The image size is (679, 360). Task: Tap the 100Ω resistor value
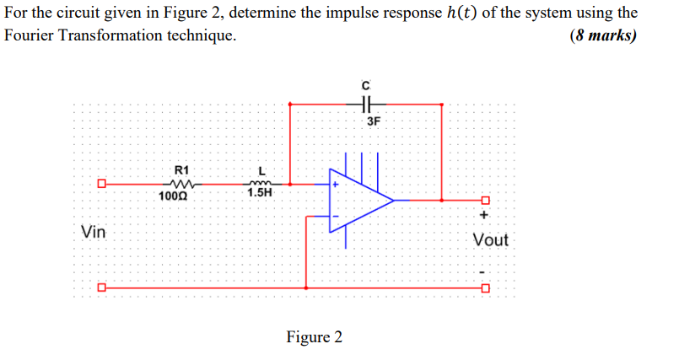(x=173, y=196)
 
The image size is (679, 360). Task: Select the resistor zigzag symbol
(x=181, y=183)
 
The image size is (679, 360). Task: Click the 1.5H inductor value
(x=260, y=193)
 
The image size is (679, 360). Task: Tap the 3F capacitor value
(x=374, y=121)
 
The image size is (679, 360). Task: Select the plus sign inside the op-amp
(x=335, y=183)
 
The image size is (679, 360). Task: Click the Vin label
(x=94, y=230)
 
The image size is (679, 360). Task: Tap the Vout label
(x=490, y=240)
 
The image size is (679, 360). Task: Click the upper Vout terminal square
(x=483, y=201)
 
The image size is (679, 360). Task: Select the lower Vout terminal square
(x=483, y=287)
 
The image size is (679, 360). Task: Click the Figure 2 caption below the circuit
(x=315, y=337)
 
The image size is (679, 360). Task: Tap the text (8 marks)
(x=603, y=36)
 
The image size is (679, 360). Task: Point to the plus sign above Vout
(x=483, y=216)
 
